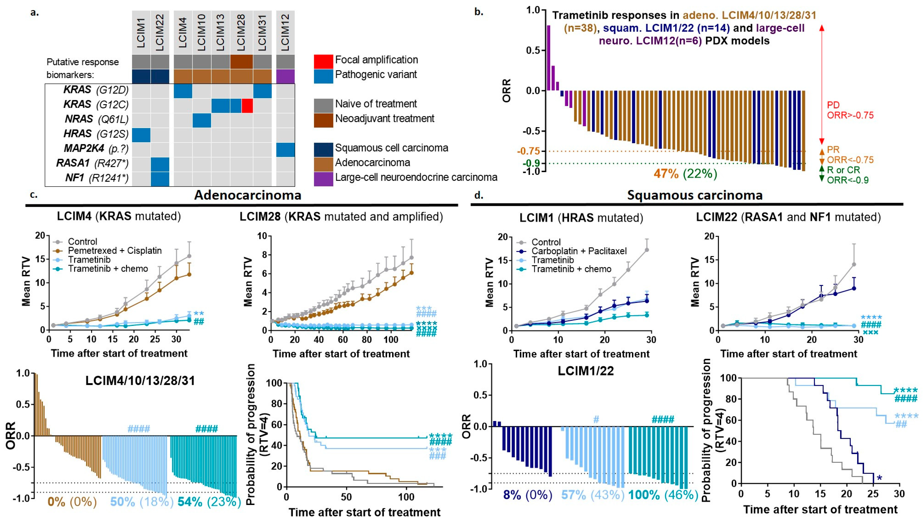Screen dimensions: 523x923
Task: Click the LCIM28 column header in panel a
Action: (241, 32)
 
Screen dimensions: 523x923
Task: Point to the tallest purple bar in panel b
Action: (548, 57)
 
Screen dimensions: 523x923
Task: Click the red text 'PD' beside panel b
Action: (833, 105)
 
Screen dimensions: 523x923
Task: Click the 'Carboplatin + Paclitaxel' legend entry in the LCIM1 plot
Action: (579, 251)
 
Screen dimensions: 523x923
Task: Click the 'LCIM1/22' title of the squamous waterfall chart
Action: (586, 371)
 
